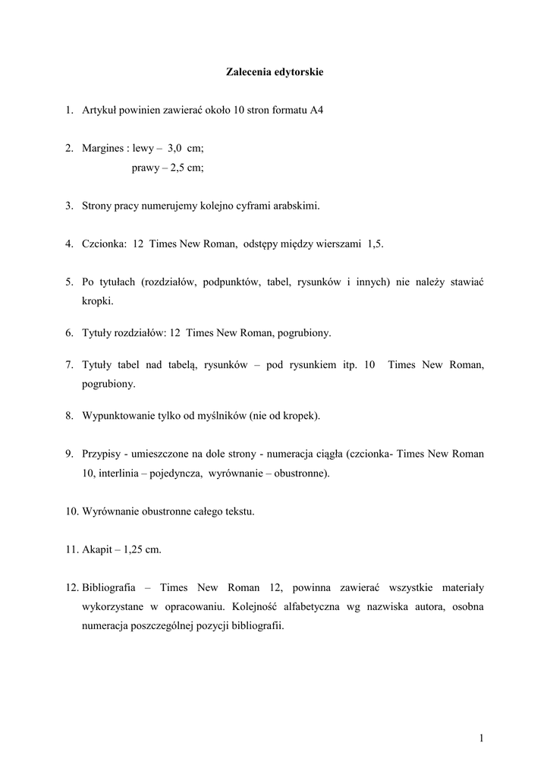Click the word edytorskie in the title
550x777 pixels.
(x=298, y=72)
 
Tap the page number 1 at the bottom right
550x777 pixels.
(x=481, y=738)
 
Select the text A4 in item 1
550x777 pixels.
(x=316, y=111)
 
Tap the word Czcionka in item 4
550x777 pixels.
(x=104, y=244)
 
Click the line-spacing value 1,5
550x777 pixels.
(x=375, y=244)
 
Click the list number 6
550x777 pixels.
(x=68, y=333)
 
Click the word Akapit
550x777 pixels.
(x=98, y=549)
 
